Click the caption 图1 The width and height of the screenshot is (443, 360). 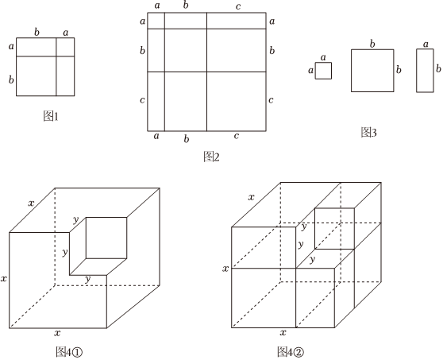pos(51,116)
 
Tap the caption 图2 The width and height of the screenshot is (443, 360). pos(211,157)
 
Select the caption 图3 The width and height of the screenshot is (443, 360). pos(368,132)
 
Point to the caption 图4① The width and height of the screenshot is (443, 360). pos(69,352)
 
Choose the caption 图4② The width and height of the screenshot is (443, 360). pos(291,352)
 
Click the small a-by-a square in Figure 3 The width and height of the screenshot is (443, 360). pos(323,71)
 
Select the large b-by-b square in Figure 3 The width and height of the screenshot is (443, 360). pos(372,71)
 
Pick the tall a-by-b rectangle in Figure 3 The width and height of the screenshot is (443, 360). pos(425,71)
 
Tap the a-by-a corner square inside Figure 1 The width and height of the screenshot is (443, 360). pos(65,47)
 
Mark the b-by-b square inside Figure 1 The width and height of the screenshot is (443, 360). pos(37,76)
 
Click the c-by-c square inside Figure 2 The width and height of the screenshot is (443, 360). pos(237,102)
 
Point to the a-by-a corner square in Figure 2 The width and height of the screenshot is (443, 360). pos(156,21)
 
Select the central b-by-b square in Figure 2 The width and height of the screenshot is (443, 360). pos(186,50)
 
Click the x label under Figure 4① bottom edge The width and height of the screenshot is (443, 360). pos(57,333)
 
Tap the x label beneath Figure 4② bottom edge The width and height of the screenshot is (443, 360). pos(283,332)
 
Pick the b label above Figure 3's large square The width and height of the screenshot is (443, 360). pos(372,44)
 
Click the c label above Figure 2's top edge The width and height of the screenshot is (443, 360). pos(238,6)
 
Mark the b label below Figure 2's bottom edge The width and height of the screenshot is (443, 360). pos(187,139)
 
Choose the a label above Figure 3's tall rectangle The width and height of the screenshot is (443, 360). pos(426,45)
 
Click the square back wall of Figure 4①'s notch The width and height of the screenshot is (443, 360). pos(106,238)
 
